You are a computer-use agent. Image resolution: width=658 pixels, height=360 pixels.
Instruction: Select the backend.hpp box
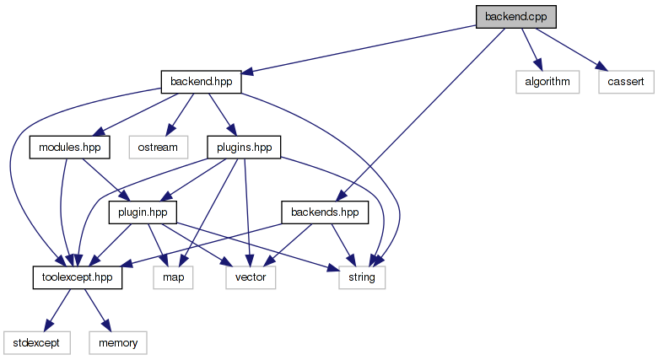click(201, 83)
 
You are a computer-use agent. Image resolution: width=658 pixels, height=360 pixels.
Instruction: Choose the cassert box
click(624, 83)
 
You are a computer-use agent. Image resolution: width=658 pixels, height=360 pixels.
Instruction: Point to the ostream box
click(159, 148)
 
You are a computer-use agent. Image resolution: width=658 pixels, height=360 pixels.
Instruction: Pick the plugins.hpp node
click(243, 148)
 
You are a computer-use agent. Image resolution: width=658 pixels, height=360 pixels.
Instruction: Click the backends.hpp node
click(325, 212)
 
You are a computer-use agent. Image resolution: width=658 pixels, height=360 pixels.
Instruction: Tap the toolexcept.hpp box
click(77, 277)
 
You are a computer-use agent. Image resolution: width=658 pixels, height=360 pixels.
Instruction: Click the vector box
click(251, 277)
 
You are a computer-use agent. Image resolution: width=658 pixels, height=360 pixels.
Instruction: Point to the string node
click(362, 277)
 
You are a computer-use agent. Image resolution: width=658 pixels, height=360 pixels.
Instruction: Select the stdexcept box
click(35, 342)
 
